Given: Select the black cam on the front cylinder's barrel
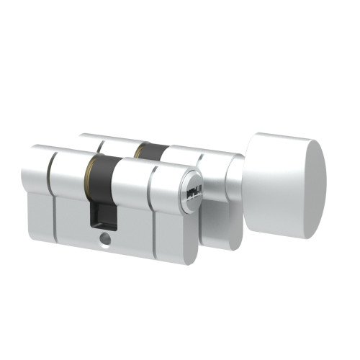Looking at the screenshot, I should tap(102, 176).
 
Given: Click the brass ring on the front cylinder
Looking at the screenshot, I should tap(89, 173).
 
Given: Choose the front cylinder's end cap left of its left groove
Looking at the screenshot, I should tap(37, 184).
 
